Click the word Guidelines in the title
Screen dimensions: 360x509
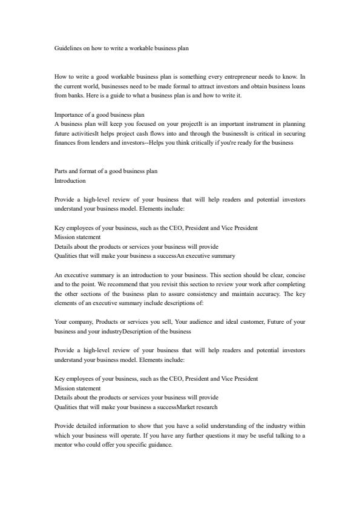pos(68,48)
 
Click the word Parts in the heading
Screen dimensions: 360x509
pos(61,171)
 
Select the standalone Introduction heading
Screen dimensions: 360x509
pos(70,180)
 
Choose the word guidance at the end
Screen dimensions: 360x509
pos(159,445)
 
